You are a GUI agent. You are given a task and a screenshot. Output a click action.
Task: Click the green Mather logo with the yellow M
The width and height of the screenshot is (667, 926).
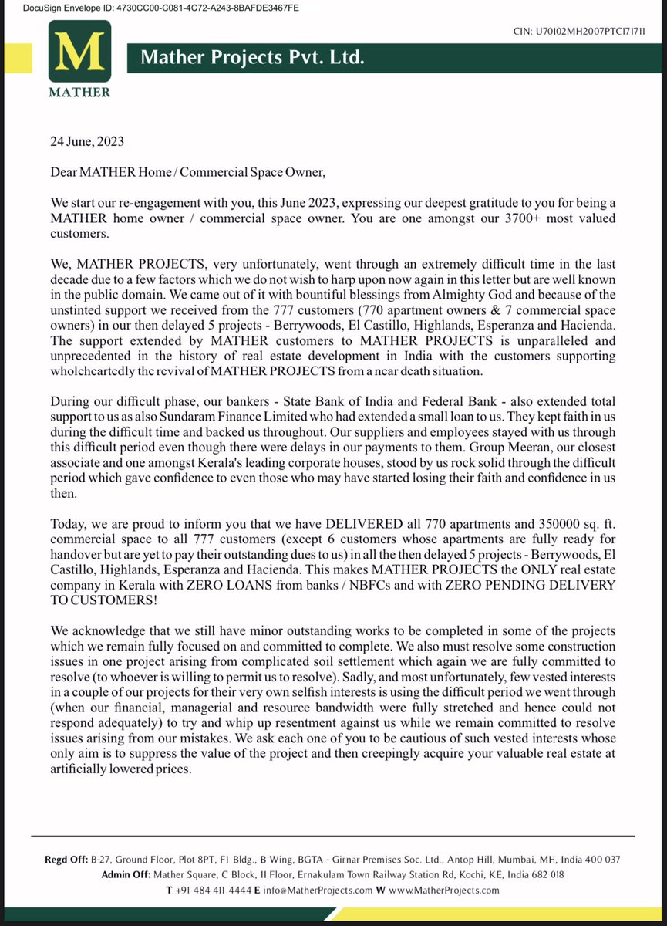79,59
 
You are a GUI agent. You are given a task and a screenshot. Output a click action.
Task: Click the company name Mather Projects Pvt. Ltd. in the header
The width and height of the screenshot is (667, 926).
251,58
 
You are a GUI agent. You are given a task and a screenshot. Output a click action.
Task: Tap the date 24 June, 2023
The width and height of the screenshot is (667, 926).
87,142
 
